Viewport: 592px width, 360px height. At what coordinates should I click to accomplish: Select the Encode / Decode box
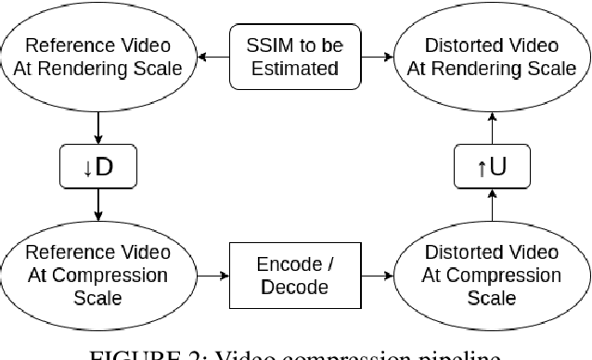[x=293, y=276]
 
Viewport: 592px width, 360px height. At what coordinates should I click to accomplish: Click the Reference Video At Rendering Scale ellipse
[x=97, y=57]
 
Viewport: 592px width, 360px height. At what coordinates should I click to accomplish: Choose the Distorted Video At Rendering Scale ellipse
[x=492, y=57]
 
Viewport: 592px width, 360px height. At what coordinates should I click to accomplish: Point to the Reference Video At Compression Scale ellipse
[x=97, y=276]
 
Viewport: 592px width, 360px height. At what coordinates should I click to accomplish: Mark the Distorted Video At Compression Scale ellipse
[x=492, y=276]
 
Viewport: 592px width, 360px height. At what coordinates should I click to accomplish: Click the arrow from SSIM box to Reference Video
[x=212, y=57]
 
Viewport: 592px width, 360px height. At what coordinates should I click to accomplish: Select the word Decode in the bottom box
[x=293, y=287]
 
